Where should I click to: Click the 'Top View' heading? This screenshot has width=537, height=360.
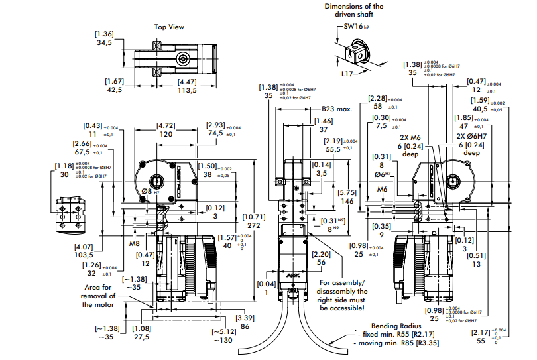(169, 27)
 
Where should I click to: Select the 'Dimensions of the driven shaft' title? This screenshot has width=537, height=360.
(353, 10)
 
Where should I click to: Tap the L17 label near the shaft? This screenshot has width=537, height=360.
(347, 74)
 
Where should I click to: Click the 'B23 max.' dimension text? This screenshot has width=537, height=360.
(336, 109)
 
